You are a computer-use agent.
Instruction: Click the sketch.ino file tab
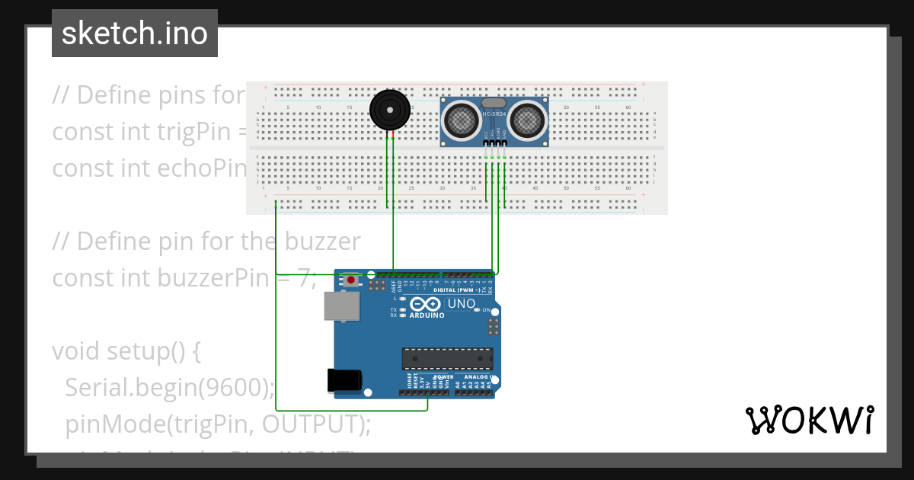pos(135,34)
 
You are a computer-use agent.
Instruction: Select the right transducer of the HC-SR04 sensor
pos(526,120)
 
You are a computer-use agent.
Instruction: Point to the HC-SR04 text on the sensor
pos(494,114)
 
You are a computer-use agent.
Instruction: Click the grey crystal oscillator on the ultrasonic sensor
pos(494,102)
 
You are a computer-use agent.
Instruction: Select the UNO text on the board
pos(461,303)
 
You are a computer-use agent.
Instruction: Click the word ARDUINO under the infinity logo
pos(427,315)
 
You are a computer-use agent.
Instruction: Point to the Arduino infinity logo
pos(427,302)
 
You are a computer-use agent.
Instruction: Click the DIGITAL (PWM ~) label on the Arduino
pos(456,290)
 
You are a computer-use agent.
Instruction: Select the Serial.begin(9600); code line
pos(169,388)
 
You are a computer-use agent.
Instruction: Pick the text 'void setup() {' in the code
pos(126,351)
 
